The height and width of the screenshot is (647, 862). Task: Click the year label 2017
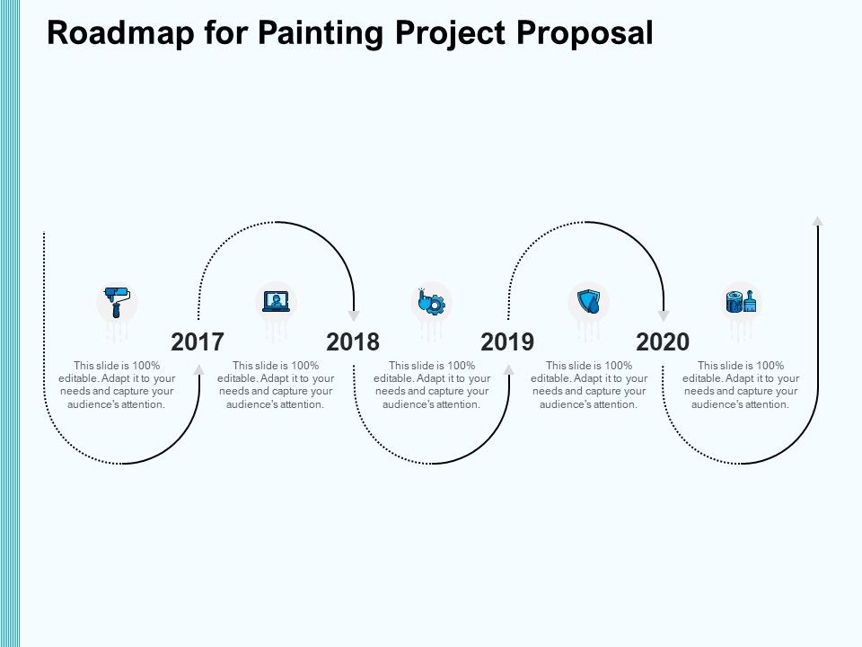coord(198,341)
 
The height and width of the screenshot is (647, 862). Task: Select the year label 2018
coord(353,341)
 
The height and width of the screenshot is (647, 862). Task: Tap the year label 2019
coord(507,341)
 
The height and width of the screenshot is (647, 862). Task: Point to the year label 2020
coord(663,341)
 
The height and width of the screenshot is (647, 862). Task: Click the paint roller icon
coord(117,301)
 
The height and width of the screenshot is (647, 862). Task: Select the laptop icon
coord(276,301)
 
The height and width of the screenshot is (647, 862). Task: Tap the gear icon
coord(432,301)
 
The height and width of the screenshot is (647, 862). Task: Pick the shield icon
coord(588,301)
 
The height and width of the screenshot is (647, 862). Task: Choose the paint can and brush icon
coord(741,301)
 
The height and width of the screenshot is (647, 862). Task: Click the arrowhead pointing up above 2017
coord(198,369)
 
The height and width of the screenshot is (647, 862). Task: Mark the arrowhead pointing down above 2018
coord(354,315)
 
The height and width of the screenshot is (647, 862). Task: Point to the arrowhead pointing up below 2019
coord(508,369)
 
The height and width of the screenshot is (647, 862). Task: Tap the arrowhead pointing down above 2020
coord(664,315)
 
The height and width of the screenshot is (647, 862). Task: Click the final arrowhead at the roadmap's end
coord(818,221)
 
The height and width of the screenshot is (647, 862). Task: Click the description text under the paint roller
coord(117,385)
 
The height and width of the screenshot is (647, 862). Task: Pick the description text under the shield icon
coord(588,385)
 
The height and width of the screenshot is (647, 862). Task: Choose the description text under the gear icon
coord(432,385)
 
